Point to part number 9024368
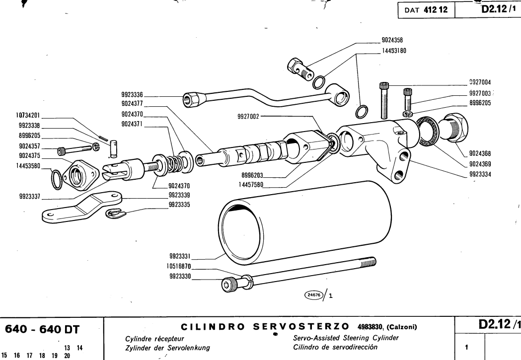click(480, 153)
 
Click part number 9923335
click(180, 204)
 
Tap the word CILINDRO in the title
click(208, 327)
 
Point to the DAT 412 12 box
click(423, 8)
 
